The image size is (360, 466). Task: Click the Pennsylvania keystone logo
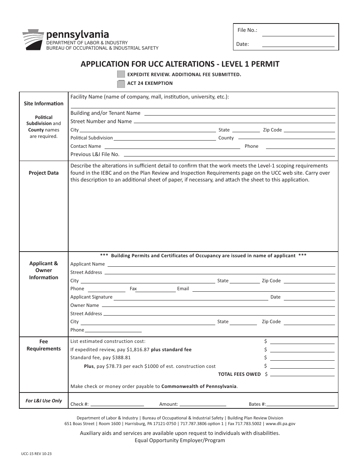point(33,40)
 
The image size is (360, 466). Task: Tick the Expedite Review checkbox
point(121,74)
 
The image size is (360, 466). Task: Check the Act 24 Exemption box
point(121,83)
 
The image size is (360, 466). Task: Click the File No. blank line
point(298,33)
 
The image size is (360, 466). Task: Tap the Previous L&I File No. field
point(229,154)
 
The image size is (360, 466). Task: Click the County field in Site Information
point(286,138)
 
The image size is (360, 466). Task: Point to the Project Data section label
point(44,173)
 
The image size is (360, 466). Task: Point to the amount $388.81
point(121,358)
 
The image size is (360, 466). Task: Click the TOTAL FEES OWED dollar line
point(303,374)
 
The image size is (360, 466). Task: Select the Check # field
point(117,404)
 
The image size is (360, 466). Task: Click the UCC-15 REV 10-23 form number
point(37,453)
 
